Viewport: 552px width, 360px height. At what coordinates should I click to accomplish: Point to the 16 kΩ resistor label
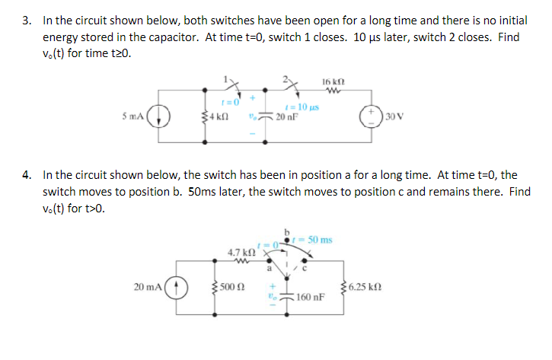click(x=334, y=81)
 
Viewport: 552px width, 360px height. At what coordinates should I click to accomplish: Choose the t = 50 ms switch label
click(x=313, y=240)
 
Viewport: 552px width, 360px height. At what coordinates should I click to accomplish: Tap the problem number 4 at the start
click(x=26, y=175)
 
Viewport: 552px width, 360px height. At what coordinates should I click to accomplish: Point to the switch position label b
click(x=289, y=231)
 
